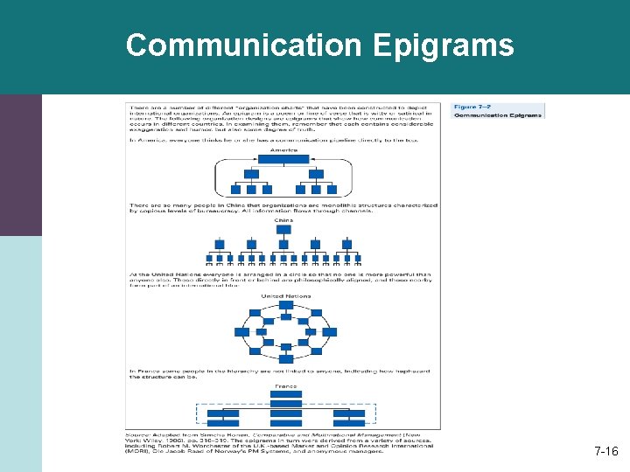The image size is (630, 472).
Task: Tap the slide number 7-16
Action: [605, 452]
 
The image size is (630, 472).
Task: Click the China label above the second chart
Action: [283, 220]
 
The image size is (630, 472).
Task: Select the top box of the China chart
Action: [283, 229]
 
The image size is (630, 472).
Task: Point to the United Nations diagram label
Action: [285, 295]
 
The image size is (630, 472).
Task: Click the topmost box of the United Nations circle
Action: [286, 305]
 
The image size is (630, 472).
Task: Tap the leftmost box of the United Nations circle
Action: [241, 332]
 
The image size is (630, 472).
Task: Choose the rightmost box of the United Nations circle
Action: [330, 332]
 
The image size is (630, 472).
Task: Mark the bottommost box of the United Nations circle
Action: [286, 358]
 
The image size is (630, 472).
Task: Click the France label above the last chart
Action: [285, 385]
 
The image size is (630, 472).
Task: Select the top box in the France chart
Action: [286, 394]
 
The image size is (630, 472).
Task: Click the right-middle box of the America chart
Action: [316, 174]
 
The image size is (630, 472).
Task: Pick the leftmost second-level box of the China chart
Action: [220, 244]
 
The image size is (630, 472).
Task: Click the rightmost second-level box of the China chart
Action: [347, 244]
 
